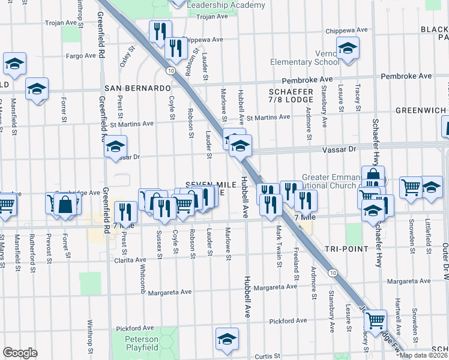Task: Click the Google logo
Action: coord(20,353)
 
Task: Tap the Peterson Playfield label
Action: coord(141,344)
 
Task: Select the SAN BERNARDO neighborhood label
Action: coord(137,88)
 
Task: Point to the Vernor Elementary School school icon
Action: coord(348,49)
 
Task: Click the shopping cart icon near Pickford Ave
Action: coord(375,320)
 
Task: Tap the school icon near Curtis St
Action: coord(227,339)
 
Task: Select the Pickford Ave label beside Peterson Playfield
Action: coord(136,328)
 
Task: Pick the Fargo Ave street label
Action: coord(80,56)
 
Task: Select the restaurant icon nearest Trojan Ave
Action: coord(160,31)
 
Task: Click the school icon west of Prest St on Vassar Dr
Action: coord(115,146)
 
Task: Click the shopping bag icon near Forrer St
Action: coord(66,205)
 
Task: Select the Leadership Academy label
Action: coord(226,5)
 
